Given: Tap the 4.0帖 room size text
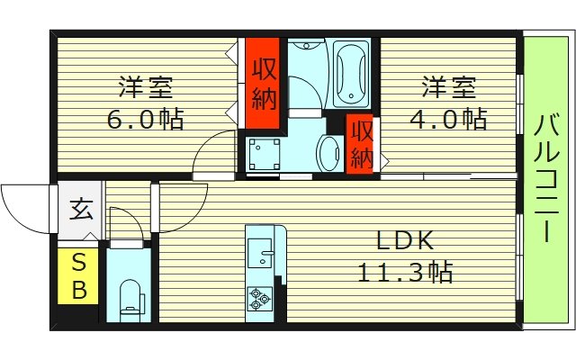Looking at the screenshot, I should click(x=449, y=118).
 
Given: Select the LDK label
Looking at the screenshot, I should click(x=405, y=240).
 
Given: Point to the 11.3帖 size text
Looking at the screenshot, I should click(x=405, y=269).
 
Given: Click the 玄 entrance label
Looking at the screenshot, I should click(x=80, y=211).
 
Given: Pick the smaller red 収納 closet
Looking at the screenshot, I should click(x=361, y=143).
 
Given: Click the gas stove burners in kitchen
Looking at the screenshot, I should click(x=260, y=298).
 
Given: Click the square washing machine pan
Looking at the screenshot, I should click(x=263, y=154).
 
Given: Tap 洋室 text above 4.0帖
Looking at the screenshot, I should click(x=449, y=89).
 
